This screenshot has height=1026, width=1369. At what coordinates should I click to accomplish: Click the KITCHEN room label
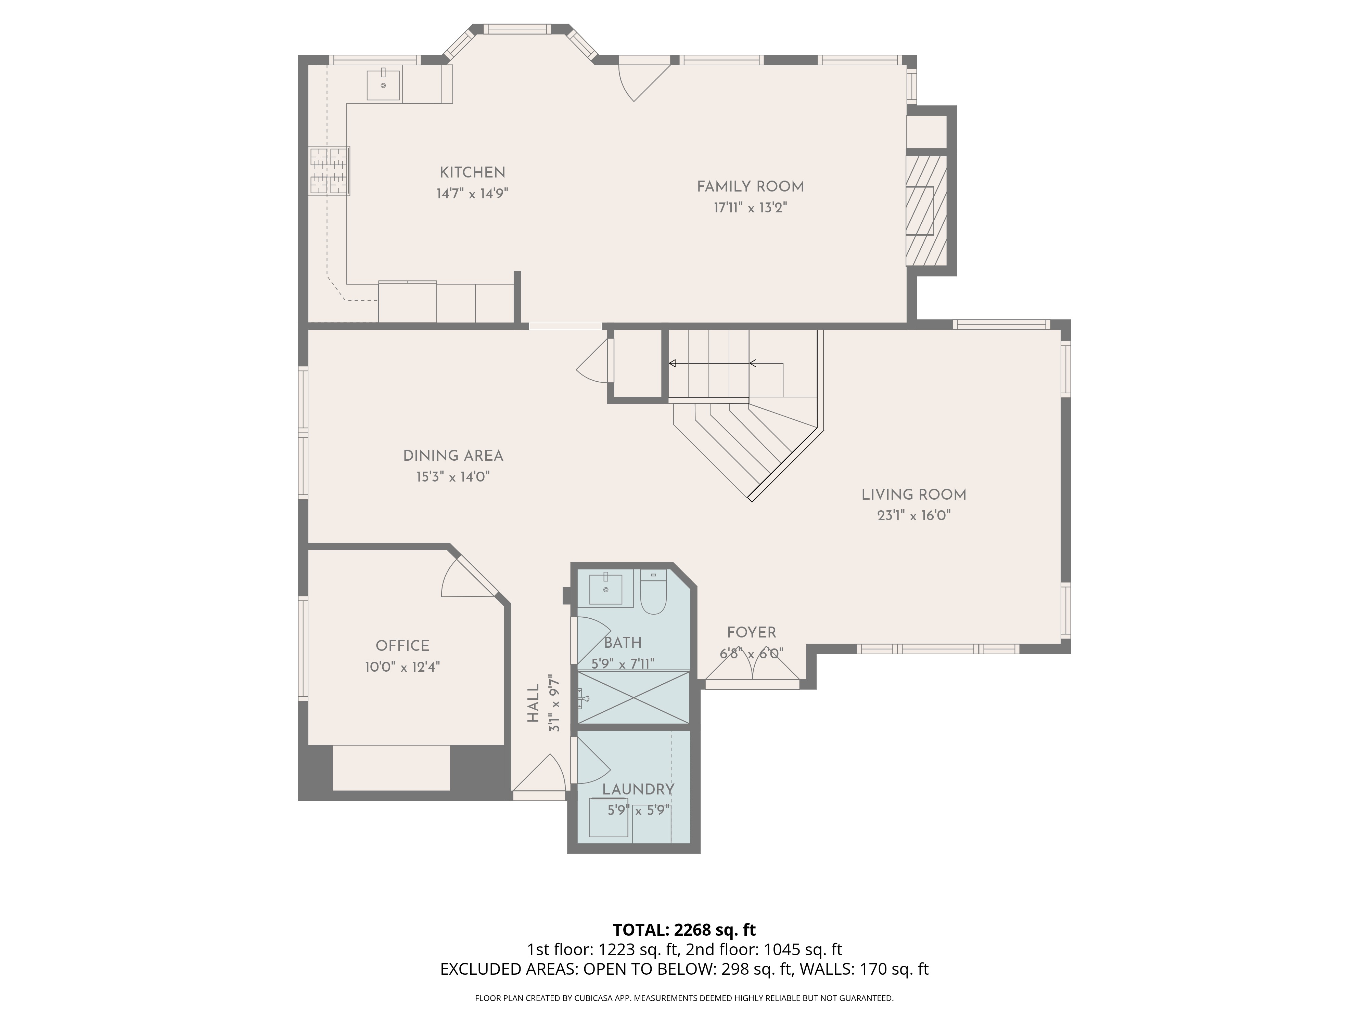(472, 173)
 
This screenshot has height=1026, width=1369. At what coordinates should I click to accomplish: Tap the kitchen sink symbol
(383, 85)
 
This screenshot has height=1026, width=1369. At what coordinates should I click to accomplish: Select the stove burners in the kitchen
(329, 171)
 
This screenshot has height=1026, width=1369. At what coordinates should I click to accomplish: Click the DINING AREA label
(453, 456)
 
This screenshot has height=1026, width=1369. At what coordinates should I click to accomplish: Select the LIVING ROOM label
(913, 495)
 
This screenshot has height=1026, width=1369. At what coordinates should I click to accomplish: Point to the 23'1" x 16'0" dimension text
(913, 516)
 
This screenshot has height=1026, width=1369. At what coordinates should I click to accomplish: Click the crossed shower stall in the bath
(632, 697)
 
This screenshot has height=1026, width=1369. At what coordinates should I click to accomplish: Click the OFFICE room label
(402, 646)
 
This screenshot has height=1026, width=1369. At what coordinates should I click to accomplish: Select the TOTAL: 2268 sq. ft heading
(684, 930)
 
